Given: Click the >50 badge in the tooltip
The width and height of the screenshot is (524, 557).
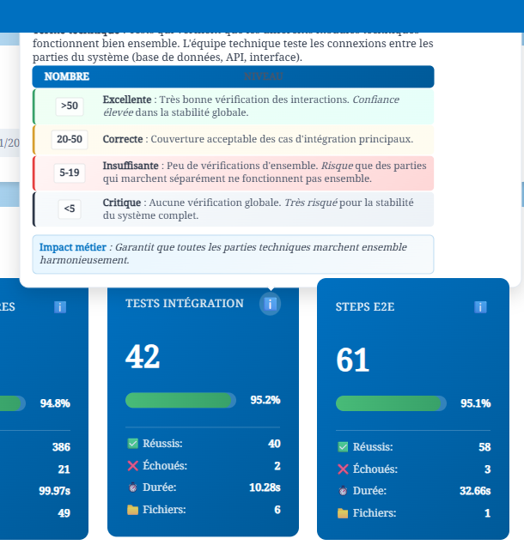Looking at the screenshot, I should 70,106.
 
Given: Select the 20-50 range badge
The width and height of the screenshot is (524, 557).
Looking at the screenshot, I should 70,139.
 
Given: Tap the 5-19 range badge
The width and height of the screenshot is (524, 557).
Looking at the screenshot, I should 70,173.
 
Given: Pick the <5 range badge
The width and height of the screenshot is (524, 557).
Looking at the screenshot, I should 70,208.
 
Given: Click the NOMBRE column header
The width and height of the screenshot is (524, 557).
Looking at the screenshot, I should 67,76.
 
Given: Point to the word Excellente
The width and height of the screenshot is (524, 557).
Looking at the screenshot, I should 126,100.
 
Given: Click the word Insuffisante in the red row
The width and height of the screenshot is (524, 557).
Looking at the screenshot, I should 130,166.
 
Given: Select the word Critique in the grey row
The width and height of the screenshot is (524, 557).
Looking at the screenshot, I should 121,203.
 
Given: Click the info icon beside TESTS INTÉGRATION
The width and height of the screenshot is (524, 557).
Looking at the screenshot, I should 270,304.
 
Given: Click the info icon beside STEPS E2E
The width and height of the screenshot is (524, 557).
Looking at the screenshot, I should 480,307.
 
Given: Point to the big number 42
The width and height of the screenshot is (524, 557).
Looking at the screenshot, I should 143,356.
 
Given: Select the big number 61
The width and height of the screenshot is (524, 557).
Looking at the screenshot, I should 353,360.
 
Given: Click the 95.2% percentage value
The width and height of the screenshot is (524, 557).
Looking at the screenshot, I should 265,400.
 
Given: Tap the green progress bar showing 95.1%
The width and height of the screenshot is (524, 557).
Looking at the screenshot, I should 389,403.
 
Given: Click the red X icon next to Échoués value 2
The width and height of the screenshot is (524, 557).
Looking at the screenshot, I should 132,465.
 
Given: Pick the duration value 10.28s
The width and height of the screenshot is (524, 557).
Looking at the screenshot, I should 265,487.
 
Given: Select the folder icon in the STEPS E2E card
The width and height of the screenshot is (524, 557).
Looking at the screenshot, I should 343,513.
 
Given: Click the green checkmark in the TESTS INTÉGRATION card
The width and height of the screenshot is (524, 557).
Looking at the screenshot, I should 132,444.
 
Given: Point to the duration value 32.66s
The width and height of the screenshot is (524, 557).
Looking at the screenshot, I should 475,491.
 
